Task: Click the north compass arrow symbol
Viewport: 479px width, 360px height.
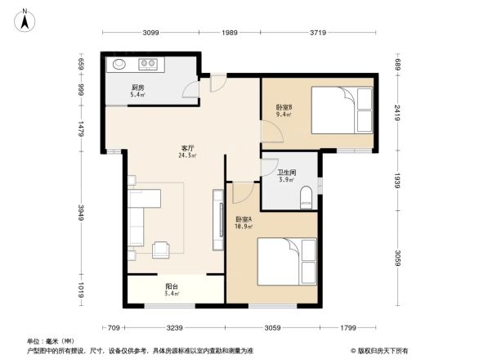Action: pyautogui.click(x=25, y=19)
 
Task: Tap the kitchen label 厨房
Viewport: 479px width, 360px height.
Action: pyautogui.click(x=137, y=88)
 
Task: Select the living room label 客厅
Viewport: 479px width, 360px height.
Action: pyautogui.click(x=187, y=148)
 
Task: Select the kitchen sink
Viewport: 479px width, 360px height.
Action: pyautogui.click(x=119, y=63)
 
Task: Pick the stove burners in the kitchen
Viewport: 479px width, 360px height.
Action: pyautogui.click(x=149, y=63)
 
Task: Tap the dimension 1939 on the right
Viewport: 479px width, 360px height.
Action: pyautogui.click(x=396, y=181)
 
